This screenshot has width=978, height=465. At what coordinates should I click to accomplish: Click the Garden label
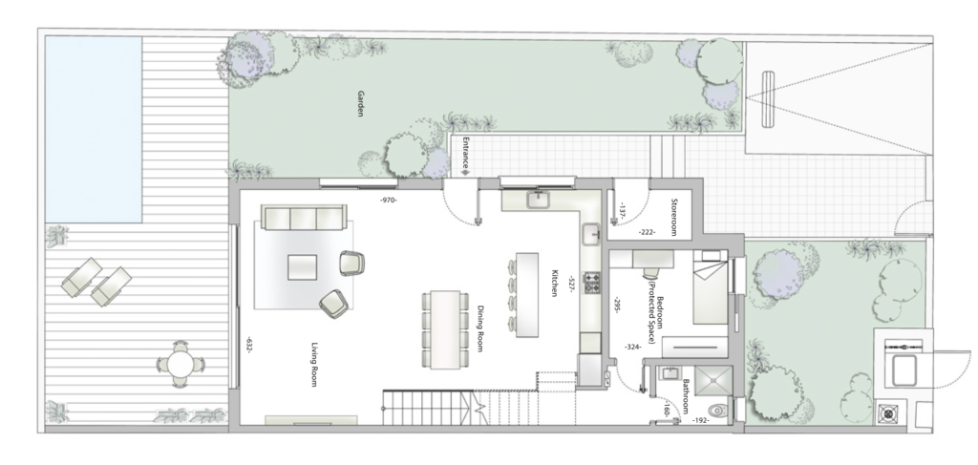click(x=360, y=104)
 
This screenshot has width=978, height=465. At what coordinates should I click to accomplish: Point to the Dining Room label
click(x=480, y=328)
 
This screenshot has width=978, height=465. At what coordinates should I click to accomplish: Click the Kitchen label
click(x=553, y=283)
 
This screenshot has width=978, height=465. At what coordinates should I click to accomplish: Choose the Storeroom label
click(x=673, y=217)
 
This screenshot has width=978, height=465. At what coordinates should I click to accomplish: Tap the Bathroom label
click(x=685, y=397)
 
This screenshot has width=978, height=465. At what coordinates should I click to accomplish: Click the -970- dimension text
click(x=389, y=201)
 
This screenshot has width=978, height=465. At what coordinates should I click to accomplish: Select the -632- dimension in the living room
click(x=247, y=346)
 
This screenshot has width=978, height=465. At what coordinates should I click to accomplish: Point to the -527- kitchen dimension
click(x=570, y=285)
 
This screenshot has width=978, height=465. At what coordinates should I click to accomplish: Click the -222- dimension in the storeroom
click(x=648, y=232)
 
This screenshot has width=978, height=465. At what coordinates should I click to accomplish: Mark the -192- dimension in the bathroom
click(x=700, y=421)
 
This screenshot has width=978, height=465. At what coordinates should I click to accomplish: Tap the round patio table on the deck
click(x=181, y=364)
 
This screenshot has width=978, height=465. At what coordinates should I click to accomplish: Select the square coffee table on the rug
click(x=302, y=267)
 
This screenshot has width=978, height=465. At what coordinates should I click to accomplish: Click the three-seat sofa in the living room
click(x=304, y=218)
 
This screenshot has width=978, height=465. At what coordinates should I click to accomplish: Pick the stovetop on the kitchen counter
click(x=591, y=283)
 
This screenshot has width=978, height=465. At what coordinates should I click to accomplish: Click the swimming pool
click(x=93, y=129)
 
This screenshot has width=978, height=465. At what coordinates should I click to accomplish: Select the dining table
click(x=445, y=329)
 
